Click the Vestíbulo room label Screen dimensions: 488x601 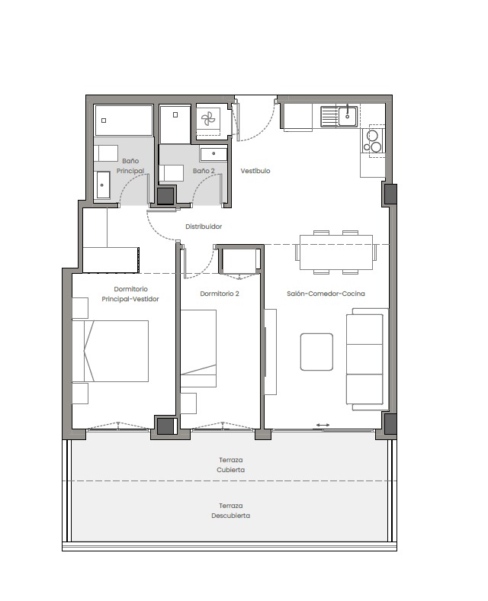[255, 171]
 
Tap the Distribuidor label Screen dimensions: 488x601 [204, 227]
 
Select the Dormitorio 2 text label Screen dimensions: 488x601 [220, 294]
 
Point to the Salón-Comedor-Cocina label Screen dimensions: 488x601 [326, 294]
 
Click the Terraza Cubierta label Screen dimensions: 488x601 [230, 464]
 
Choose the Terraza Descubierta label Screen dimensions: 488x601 [230, 510]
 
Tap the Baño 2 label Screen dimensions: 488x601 [204, 171]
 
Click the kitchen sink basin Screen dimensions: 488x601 [348, 116]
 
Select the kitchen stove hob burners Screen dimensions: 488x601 [373, 141]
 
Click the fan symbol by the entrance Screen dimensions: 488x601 [208, 119]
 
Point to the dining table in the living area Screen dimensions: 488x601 [336, 252]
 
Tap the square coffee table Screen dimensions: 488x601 [316, 352]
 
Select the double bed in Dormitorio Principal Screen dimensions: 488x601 [111, 351]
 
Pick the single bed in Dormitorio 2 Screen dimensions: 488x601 [198, 349]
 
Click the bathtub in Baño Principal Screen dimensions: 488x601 [124, 121]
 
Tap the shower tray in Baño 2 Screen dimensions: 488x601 [175, 124]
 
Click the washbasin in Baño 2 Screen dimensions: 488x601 [213, 154]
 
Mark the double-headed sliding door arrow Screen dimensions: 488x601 [323, 425]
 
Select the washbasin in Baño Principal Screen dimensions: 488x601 [103, 185]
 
